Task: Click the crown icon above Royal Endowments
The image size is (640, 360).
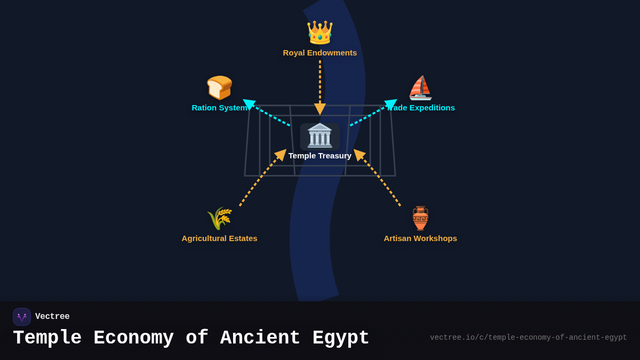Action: coord(319,33)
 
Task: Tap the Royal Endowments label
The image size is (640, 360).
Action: coord(319,53)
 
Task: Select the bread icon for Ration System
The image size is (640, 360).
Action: coord(219,87)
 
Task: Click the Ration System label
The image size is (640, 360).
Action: coord(219,108)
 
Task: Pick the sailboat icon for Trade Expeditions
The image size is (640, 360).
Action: coord(420,87)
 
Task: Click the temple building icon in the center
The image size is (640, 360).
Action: coord(319,135)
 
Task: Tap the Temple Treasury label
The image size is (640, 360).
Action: coord(319,156)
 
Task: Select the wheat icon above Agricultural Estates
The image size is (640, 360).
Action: coord(219,218)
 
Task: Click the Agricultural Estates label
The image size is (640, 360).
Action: coord(219,238)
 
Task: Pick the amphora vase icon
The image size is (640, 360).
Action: coord(420,218)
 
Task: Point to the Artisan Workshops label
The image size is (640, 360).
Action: coord(420,238)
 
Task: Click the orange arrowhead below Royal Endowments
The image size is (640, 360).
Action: coord(320,109)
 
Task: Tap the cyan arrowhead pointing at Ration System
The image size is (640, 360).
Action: coord(249,104)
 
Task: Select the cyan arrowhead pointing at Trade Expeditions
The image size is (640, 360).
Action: coord(391,103)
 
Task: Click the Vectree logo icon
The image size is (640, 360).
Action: coord(22,317)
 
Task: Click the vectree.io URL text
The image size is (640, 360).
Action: coord(528,338)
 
